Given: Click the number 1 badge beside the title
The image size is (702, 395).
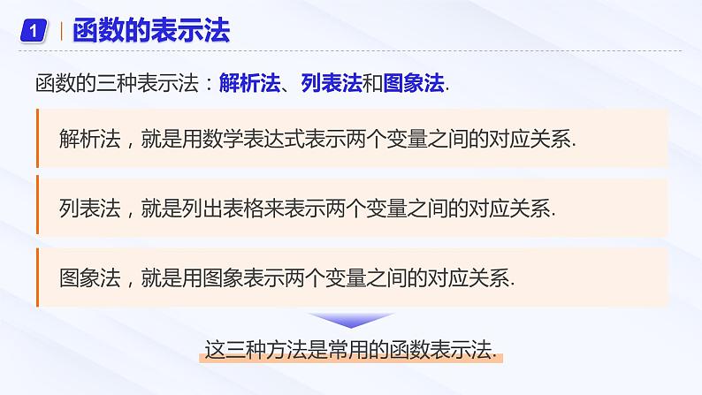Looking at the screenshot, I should click(x=33, y=33).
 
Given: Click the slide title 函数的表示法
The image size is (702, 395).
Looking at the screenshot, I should click(x=150, y=33).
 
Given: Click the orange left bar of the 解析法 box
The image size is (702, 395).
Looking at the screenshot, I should click(x=38, y=138).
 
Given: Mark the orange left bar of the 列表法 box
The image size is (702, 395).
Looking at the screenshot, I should click(x=38, y=207).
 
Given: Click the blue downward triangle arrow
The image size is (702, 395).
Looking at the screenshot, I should click(x=351, y=320).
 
